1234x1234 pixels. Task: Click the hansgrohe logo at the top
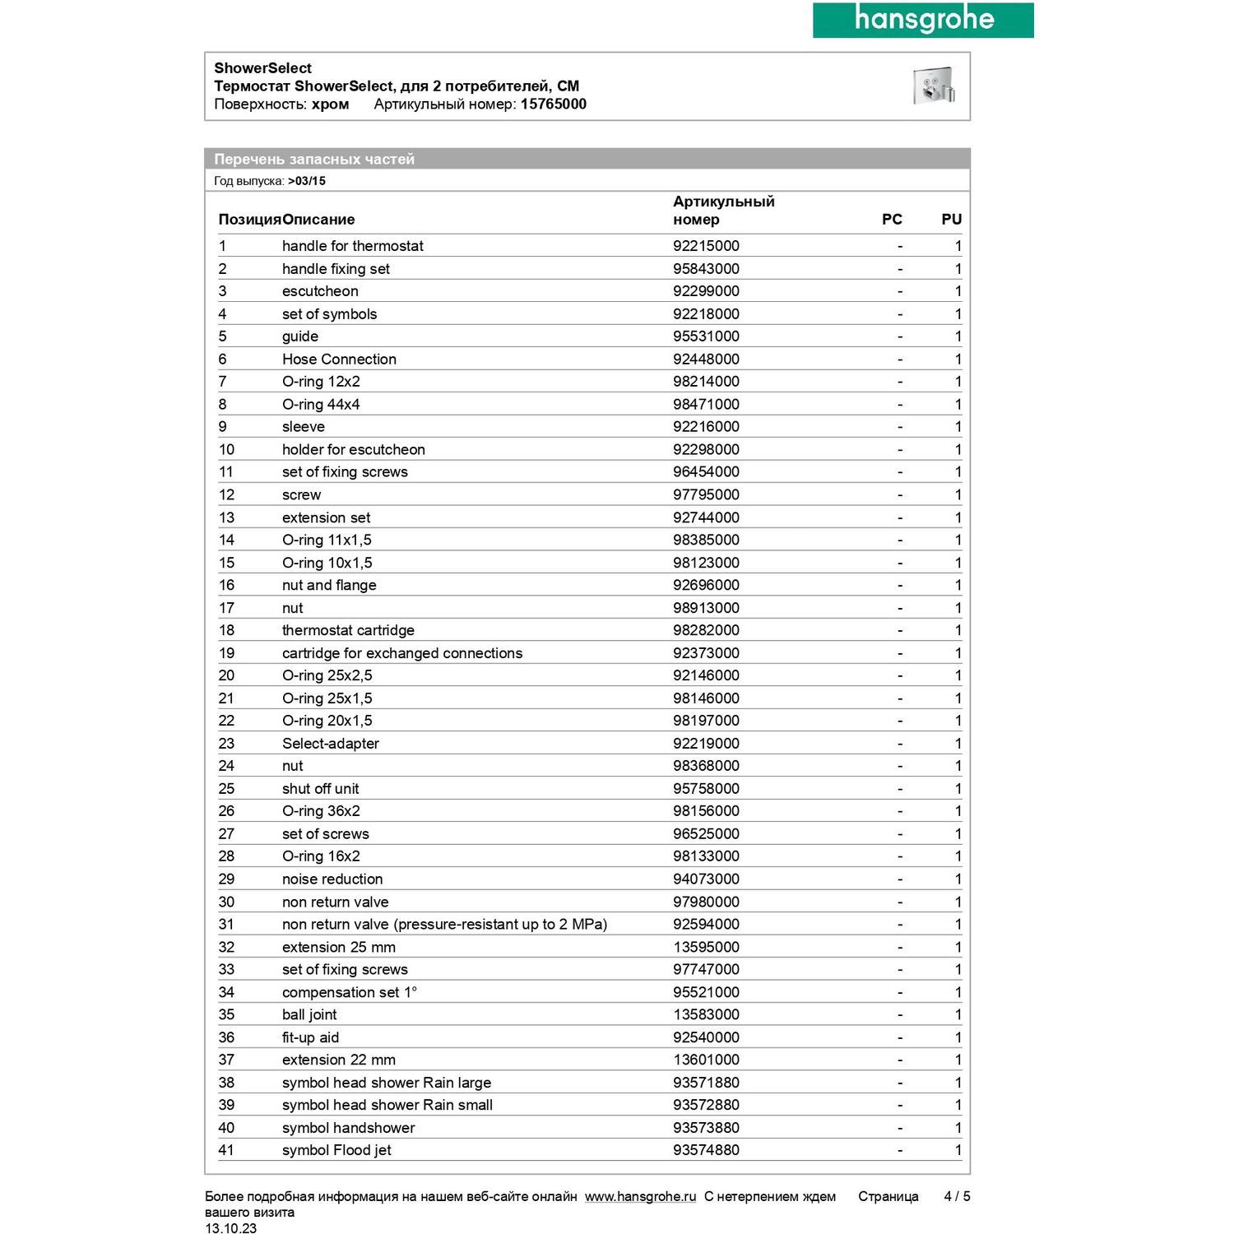pyautogui.click(x=923, y=20)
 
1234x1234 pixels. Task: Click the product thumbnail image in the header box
pyautogui.click(x=933, y=86)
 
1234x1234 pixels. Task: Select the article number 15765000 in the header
pyautogui.click(x=553, y=104)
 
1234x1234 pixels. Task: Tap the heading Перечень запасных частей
pyautogui.click(x=314, y=159)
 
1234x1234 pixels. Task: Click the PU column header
pyautogui.click(x=951, y=220)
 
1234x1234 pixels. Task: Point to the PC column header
pyautogui.click(x=892, y=220)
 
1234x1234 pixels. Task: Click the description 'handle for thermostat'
pyautogui.click(x=352, y=246)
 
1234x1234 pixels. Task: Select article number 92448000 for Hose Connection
pyautogui.click(x=706, y=359)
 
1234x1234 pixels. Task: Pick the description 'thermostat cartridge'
pyautogui.click(x=348, y=630)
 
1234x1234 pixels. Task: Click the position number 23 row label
pyautogui.click(x=226, y=744)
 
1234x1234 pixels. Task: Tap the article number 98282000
pyautogui.click(x=706, y=630)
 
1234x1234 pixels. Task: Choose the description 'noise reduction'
pyautogui.click(x=332, y=879)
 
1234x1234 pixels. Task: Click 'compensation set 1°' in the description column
pyautogui.click(x=350, y=992)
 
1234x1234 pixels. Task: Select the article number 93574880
pyautogui.click(x=706, y=1150)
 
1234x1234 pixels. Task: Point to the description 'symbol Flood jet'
pyautogui.click(x=336, y=1150)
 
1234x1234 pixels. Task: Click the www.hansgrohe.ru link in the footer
pyautogui.click(x=640, y=1196)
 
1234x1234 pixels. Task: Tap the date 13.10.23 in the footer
pyautogui.click(x=230, y=1228)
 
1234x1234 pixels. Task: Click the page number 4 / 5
pyautogui.click(x=957, y=1196)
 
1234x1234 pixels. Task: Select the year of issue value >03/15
pyautogui.click(x=307, y=181)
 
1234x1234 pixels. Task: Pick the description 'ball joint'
pyautogui.click(x=309, y=1015)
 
